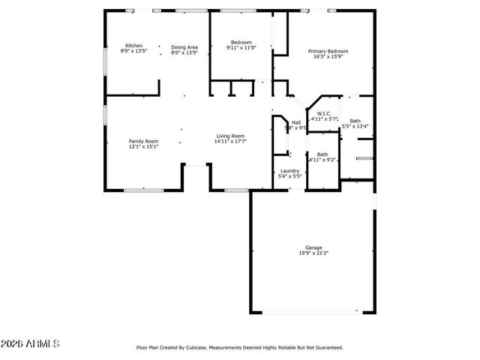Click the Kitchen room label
click(133, 46)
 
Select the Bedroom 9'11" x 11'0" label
click(241, 42)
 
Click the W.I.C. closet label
click(325, 113)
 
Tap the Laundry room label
click(290, 171)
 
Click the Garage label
click(313, 247)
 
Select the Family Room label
click(143, 141)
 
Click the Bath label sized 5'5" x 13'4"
click(355, 121)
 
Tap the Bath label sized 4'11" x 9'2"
click(322, 154)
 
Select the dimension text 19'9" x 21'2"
click(313, 253)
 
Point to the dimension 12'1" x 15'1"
click(143, 147)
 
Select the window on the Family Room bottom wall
click(143, 190)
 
